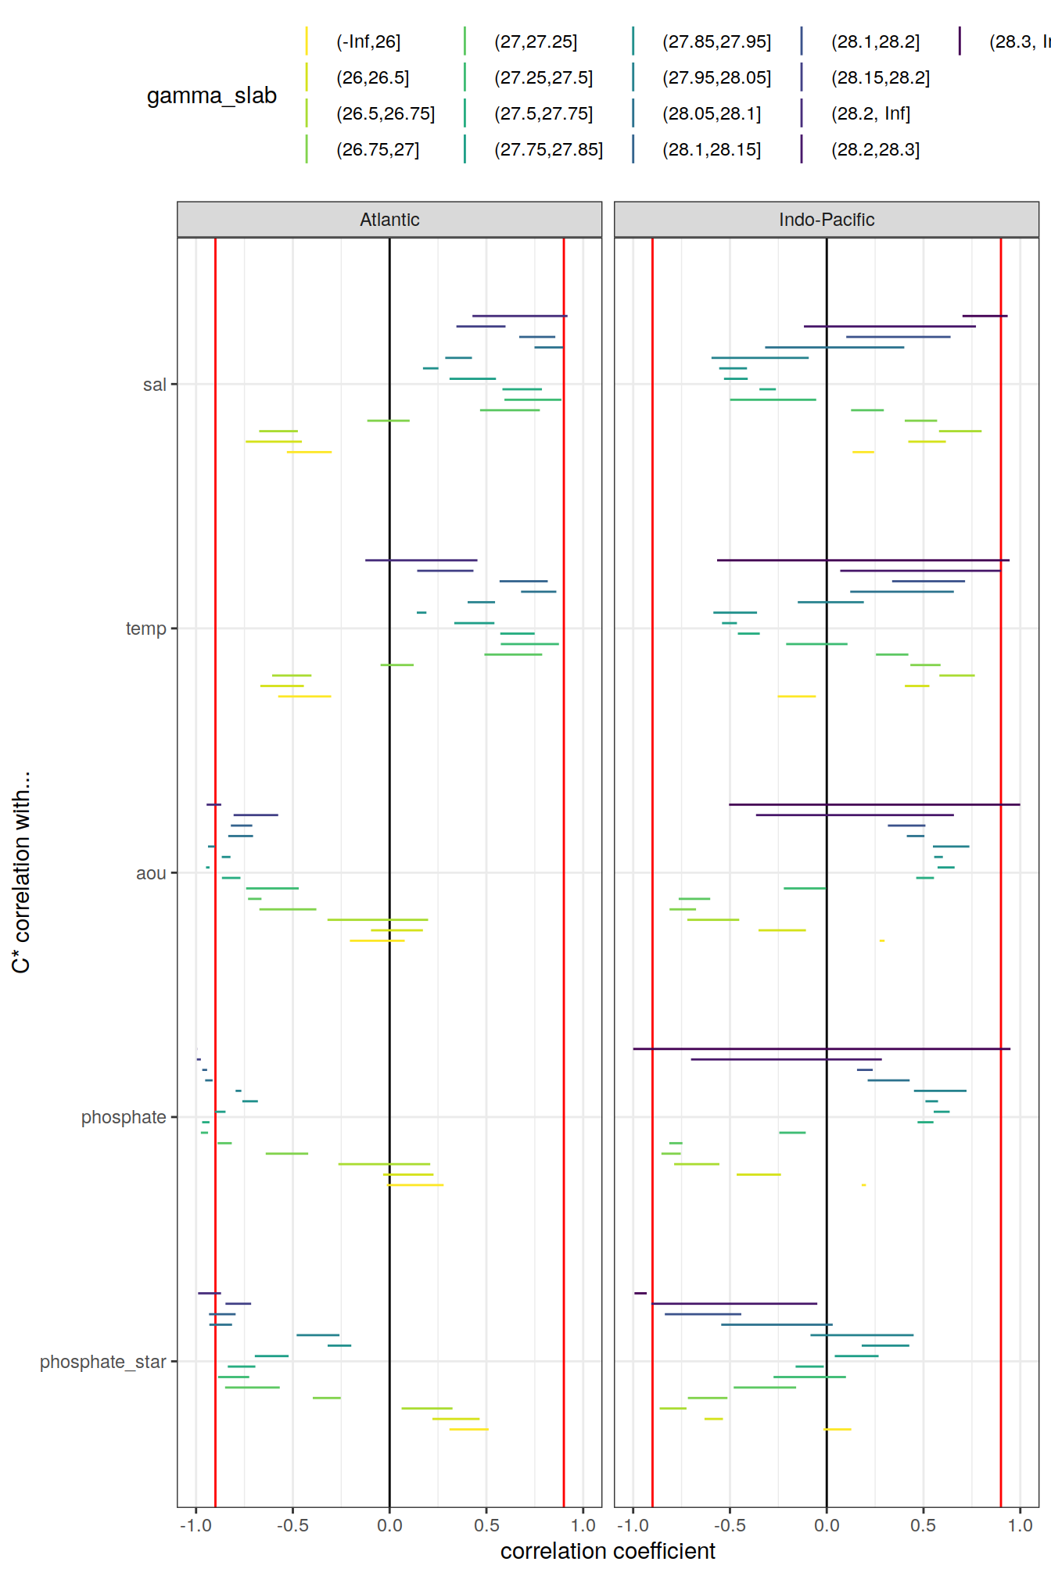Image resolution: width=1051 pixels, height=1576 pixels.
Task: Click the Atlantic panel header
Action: click(389, 220)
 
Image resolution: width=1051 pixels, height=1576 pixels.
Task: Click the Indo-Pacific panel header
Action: click(826, 220)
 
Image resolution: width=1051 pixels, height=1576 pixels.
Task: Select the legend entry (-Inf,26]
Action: click(368, 41)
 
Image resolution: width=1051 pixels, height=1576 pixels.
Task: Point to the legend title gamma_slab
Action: click(212, 95)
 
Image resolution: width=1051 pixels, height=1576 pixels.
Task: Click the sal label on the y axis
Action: click(155, 385)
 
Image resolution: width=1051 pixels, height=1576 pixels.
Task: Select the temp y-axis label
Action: click(146, 629)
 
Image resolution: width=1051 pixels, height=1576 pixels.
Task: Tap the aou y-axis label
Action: click(151, 873)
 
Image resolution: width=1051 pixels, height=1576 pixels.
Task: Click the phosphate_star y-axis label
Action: click(103, 1362)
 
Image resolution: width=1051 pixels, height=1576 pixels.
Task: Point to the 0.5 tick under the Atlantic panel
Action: click(486, 1525)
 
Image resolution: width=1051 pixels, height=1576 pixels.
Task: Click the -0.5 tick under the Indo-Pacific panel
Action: click(729, 1525)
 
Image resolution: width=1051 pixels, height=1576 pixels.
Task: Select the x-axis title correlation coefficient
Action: click(608, 1551)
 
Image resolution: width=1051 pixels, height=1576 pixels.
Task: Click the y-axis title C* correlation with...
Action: click(21, 872)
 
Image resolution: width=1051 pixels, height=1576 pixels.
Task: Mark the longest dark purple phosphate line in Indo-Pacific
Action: click(821, 1048)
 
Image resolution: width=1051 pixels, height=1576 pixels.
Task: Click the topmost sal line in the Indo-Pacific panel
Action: click(985, 316)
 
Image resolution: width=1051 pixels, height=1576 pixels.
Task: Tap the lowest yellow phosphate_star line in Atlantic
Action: click(468, 1429)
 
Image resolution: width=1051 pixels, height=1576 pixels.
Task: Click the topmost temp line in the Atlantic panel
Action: click(421, 560)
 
